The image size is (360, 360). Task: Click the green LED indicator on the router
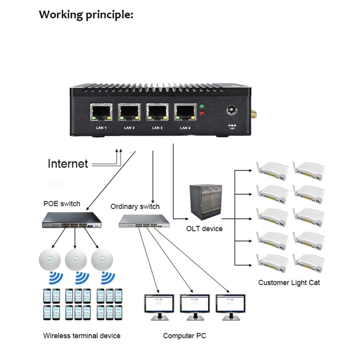202,107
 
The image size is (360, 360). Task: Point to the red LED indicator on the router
202,114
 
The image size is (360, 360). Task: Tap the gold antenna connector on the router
252,115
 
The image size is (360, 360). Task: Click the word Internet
68,164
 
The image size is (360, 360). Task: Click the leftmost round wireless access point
49,260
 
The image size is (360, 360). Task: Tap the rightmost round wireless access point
102,260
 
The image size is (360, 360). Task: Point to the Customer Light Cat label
288,282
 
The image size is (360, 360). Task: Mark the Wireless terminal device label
82,336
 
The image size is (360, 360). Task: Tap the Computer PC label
184,336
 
